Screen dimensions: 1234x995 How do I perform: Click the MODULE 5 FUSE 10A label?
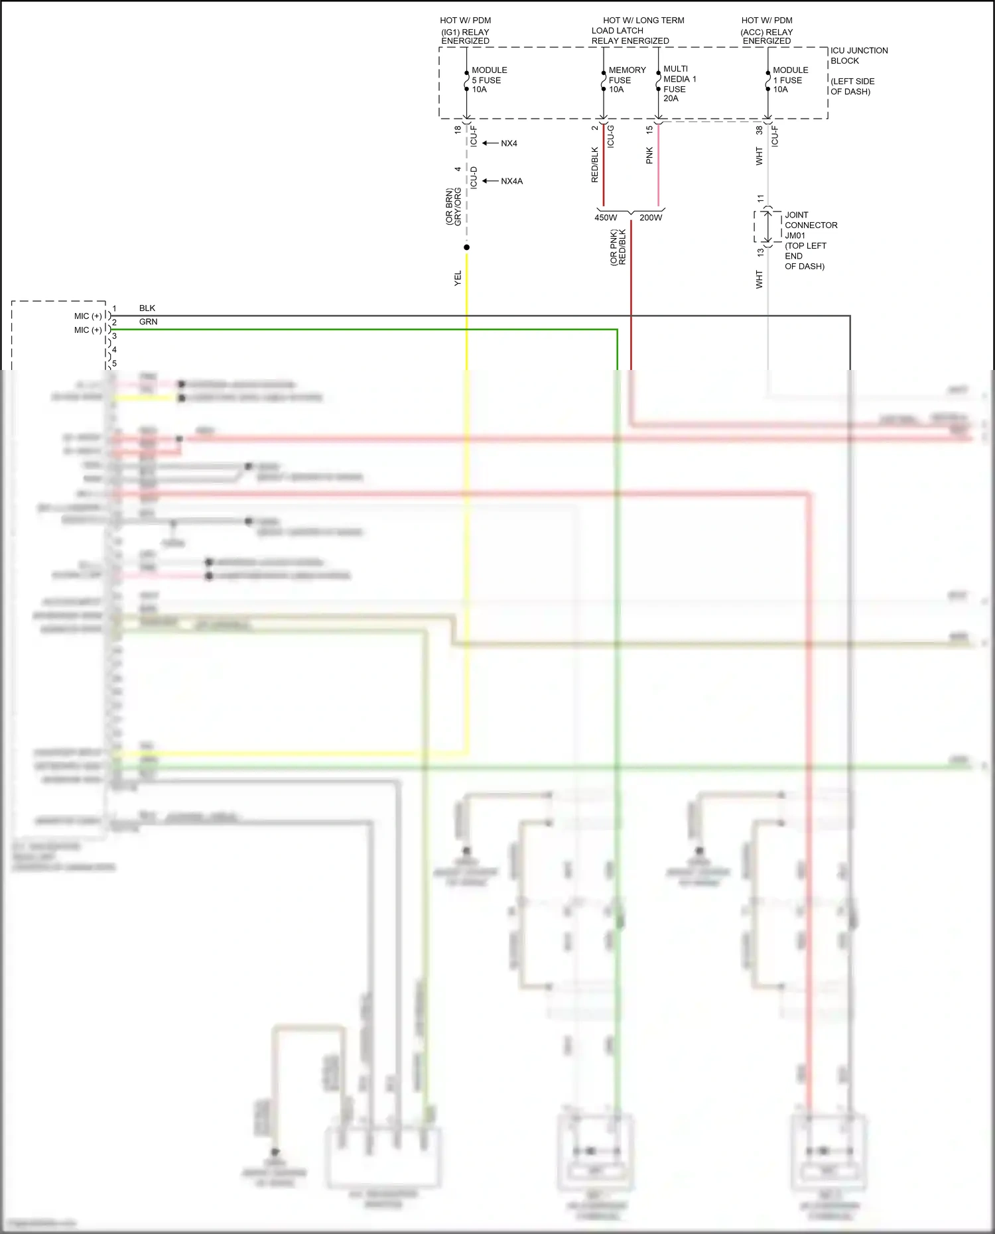click(x=489, y=80)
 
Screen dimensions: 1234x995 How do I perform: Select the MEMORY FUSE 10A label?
click(x=627, y=80)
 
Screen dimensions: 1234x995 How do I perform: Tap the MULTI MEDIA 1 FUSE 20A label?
click(x=679, y=84)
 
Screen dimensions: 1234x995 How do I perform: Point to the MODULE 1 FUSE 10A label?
click(x=790, y=80)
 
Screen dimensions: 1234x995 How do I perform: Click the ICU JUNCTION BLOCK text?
click(x=858, y=56)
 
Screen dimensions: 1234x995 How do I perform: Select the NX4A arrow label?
click(x=511, y=181)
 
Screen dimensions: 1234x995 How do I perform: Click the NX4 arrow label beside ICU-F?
click(x=509, y=143)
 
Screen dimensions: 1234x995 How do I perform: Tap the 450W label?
click(x=606, y=217)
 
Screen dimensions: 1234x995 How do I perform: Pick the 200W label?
click(x=651, y=217)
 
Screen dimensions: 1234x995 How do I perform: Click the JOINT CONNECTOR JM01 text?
click(x=810, y=225)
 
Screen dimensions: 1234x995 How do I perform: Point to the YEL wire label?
click(x=458, y=278)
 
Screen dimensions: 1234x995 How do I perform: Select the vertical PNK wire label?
click(x=649, y=155)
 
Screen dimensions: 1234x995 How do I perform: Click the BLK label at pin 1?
click(x=147, y=308)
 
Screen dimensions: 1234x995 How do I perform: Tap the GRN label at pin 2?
click(x=148, y=322)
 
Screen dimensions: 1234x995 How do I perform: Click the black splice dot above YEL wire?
click(x=467, y=247)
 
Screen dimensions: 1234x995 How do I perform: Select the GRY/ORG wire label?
click(x=458, y=206)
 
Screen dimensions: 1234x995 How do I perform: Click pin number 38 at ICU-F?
click(x=760, y=131)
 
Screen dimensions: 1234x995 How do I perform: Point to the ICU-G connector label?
click(x=611, y=136)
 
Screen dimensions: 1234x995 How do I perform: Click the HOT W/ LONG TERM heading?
click(x=643, y=21)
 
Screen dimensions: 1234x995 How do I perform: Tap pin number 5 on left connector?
click(x=114, y=363)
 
